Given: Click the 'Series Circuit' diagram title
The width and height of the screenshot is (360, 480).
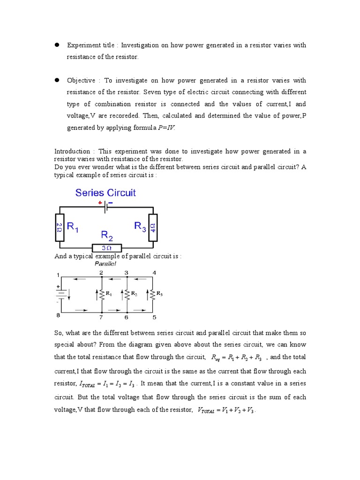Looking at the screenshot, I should click(x=106, y=193).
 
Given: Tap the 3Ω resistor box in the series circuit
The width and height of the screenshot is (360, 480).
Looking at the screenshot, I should click(x=106, y=248).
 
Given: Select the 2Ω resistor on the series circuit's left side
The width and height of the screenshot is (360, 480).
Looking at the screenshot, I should click(x=60, y=227).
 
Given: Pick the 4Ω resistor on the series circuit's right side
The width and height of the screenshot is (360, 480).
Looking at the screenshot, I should click(x=153, y=227).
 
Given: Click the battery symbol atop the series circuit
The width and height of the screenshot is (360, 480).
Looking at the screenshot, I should click(x=106, y=207).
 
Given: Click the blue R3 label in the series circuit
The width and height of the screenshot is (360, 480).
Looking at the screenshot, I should click(x=140, y=226).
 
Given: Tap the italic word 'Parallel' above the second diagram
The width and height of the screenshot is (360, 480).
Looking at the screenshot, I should click(x=106, y=263).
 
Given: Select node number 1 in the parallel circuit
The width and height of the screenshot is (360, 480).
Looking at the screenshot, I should click(x=59, y=274).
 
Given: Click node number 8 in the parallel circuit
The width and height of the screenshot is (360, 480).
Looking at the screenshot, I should click(x=59, y=316).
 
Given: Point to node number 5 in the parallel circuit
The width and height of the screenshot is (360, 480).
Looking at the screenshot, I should click(x=154, y=317).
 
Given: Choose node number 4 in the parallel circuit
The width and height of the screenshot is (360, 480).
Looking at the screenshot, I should click(x=154, y=273).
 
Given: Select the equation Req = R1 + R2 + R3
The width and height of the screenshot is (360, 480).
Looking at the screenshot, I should click(x=238, y=358).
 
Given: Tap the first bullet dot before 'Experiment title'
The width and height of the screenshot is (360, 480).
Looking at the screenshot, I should click(x=56, y=45).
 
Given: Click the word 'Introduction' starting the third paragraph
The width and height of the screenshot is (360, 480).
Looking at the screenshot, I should click(x=72, y=151).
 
